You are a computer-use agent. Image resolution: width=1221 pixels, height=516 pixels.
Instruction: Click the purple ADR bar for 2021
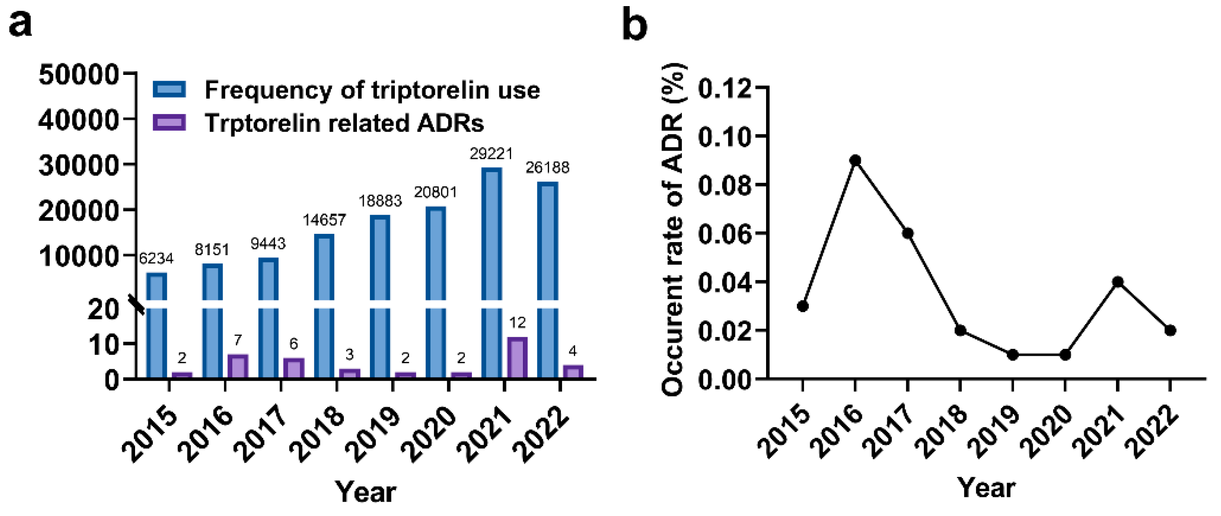coord(517,358)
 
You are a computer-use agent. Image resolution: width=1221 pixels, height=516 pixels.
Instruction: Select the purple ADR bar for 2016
coord(238,366)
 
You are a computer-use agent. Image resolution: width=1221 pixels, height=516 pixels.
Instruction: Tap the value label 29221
coord(491,154)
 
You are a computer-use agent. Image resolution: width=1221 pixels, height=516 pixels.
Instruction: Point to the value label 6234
coord(156,259)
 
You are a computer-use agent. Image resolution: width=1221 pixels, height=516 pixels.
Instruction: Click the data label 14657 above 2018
coord(324,220)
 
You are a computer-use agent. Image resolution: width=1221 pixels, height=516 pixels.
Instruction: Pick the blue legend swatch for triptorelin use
coord(169,90)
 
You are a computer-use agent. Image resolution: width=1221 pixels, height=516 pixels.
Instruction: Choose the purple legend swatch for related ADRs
coord(169,123)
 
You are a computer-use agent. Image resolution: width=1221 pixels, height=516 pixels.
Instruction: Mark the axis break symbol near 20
coord(138,305)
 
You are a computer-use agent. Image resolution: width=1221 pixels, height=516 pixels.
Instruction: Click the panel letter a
coord(20,24)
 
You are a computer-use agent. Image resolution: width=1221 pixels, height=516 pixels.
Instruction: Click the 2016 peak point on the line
coord(855,161)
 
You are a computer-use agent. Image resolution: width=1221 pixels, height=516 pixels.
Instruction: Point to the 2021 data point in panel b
coord(1118,282)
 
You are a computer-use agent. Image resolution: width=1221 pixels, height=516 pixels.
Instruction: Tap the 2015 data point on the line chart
coord(803,306)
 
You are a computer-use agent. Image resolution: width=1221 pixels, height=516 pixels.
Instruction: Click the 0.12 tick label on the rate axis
coord(725,88)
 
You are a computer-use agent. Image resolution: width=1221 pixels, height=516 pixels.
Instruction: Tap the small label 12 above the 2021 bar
coord(517,323)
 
